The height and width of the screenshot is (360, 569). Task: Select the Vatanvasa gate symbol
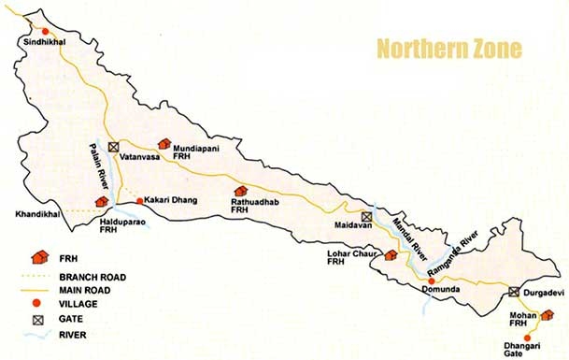click(x=113, y=147)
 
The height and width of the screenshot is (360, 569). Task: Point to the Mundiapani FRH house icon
click(x=164, y=144)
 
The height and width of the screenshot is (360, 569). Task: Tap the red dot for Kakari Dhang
click(x=139, y=200)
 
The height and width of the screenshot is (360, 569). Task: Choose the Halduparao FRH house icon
click(x=101, y=201)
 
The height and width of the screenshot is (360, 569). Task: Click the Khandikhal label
click(x=36, y=214)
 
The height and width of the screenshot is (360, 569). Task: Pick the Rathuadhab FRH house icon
click(x=241, y=191)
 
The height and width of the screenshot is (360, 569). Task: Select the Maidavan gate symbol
click(x=366, y=216)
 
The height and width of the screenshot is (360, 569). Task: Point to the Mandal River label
click(x=405, y=242)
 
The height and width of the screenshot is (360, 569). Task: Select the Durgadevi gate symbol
click(x=514, y=292)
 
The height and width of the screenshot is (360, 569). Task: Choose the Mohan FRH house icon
click(x=548, y=315)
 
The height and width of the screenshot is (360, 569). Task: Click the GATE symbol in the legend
click(x=39, y=318)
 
